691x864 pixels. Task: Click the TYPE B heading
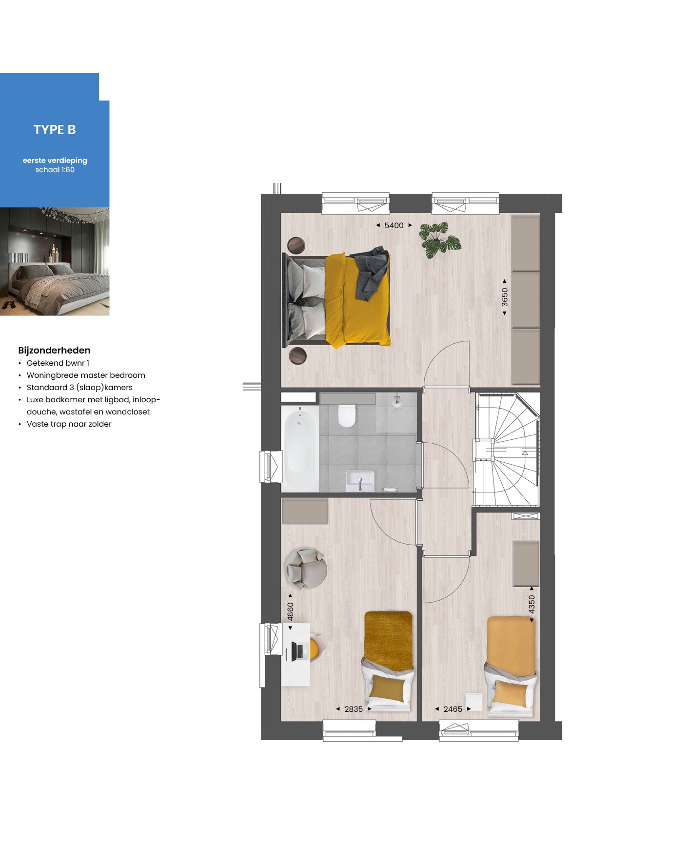tap(55, 130)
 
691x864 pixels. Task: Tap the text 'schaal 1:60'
tap(55, 170)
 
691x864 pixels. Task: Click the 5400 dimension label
tap(394, 225)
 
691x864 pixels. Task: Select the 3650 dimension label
tap(505, 297)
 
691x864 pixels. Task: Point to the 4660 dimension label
tap(291, 611)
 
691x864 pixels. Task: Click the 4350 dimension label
tap(532, 604)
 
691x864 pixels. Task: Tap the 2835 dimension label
tap(354, 709)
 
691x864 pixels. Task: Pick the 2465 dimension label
tap(453, 709)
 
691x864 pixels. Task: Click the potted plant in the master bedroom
tap(440, 239)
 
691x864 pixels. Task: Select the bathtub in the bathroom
tap(299, 450)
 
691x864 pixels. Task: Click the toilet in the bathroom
tap(347, 415)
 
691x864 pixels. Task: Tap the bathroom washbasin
tap(360, 481)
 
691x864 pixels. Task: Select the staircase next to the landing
tap(507, 449)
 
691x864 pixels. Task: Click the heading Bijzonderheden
tap(54, 350)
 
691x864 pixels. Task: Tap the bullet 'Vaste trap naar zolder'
tap(69, 424)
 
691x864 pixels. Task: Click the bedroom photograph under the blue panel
tap(55, 261)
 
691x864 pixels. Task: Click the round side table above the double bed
tap(296, 245)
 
